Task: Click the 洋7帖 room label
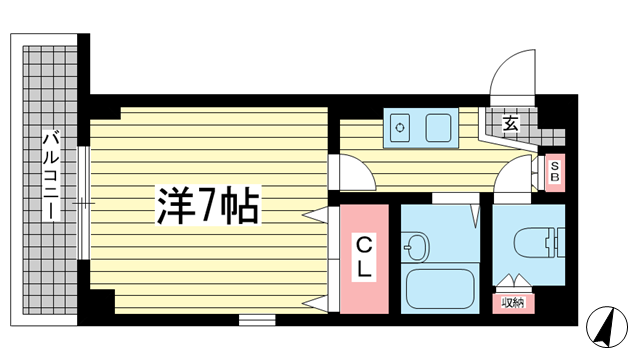(x=208, y=205)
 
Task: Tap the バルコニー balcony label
(x=52, y=175)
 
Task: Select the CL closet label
(x=364, y=258)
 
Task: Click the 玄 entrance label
(x=510, y=123)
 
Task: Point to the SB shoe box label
(x=555, y=172)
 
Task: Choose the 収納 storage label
(x=513, y=303)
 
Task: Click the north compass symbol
(x=607, y=327)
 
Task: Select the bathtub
(x=440, y=289)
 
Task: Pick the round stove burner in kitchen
(x=400, y=128)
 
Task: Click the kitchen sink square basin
(x=439, y=128)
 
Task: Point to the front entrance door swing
(x=513, y=73)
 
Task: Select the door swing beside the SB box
(x=514, y=173)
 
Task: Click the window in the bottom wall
(x=257, y=320)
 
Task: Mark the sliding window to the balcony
(x=84, y=203)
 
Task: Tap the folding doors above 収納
(x=513, y=281)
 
